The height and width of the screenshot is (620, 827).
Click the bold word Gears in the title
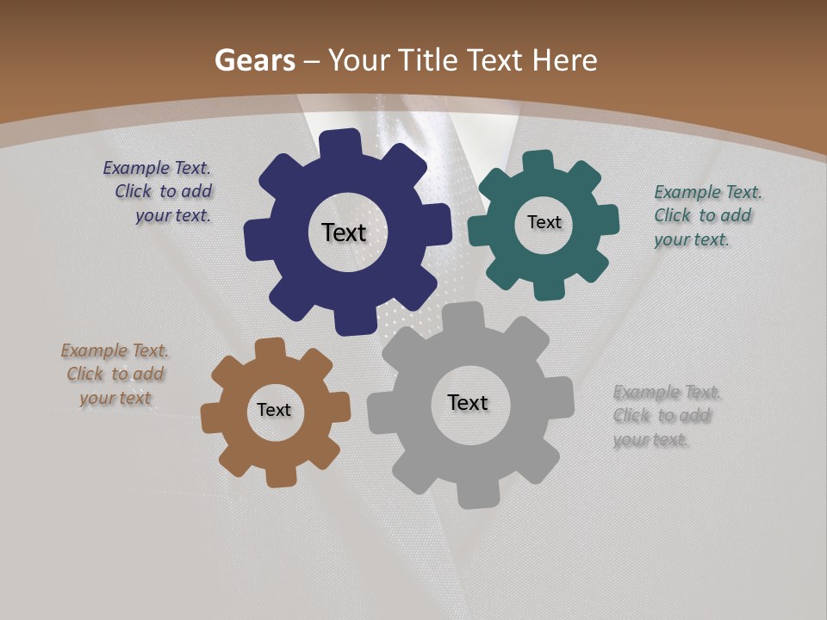254,60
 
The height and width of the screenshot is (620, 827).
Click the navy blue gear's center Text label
344,232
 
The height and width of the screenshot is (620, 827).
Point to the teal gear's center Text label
544,222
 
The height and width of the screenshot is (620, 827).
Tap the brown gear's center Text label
274,410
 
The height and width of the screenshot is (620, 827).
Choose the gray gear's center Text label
468,402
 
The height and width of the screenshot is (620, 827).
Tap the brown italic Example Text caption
115,375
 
